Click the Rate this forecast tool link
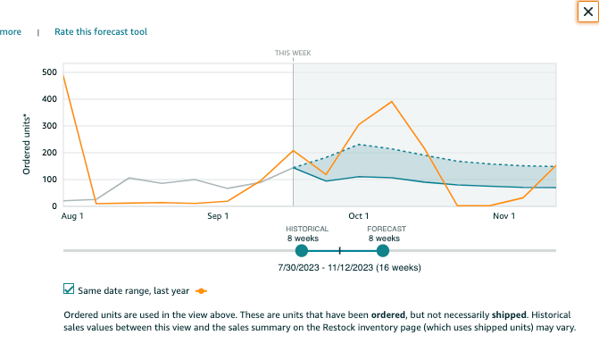101,32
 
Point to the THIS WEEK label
293,54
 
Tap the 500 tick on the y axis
50,72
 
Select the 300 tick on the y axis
50,126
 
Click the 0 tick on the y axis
54,206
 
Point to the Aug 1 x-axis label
72,216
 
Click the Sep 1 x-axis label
218,216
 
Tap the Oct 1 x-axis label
359,216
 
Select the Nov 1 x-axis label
504,216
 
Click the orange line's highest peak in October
392,102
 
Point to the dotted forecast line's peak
359,145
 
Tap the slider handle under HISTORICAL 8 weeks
301,250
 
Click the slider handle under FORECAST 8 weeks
383,250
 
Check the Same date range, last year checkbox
69,289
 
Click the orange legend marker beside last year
202,290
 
